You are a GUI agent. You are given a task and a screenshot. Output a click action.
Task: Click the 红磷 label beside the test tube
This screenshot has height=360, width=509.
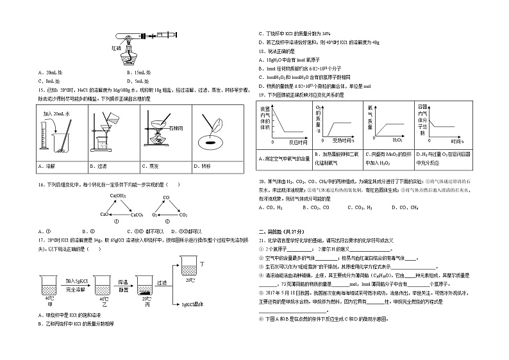(x=117, y=47)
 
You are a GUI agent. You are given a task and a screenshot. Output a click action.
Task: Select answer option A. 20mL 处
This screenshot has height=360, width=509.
(x=50, y=72)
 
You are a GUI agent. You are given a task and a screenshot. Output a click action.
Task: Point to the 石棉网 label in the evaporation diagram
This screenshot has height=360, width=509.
(x=176, y=128)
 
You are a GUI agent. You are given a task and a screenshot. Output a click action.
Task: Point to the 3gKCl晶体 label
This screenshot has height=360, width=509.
(x=192, y=304)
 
